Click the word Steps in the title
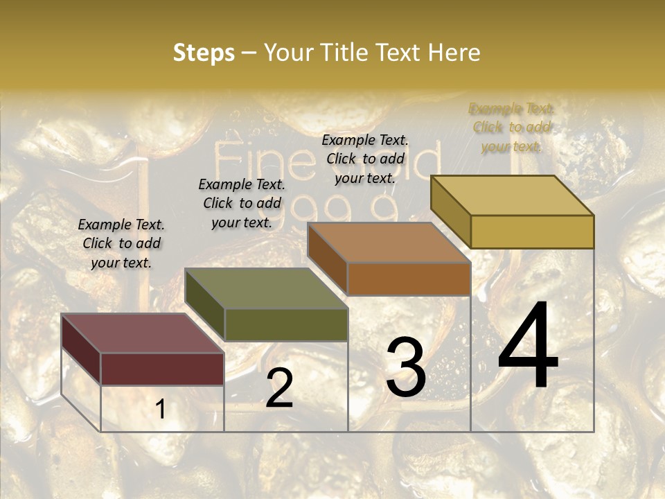[x=204, y=53]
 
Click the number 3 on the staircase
[x=406, y=367]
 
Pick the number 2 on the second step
[x=279, y=389]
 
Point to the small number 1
[x=160, y=410]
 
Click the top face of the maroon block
[x=142, y=333]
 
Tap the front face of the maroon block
[x=162, y=369]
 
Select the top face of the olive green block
[x=266, y=288]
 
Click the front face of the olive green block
[x=286, y=324]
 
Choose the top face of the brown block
[x=389, y=243]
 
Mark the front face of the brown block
[x=409, y=279]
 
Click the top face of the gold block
[x=513, y=195]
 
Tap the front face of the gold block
[x=532, y=231]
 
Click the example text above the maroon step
[x=121, y=243]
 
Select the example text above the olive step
[x=242, y=203]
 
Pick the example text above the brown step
[x=365, y=159]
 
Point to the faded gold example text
[x=512, y=127]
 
